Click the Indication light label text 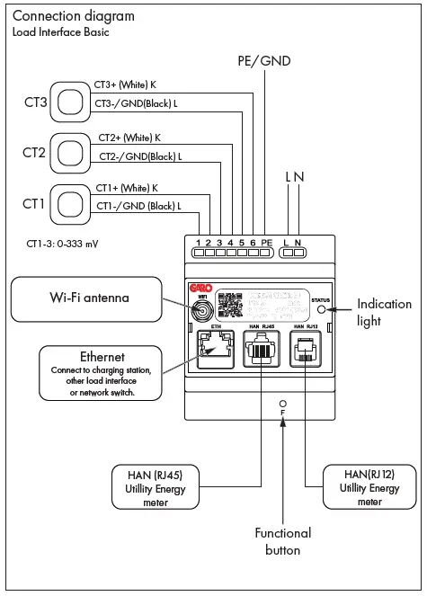(384, 312)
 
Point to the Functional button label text (282, 541)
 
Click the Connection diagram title (74, 16)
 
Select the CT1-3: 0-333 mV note (62, 243)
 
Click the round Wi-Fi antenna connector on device (204, 311)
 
